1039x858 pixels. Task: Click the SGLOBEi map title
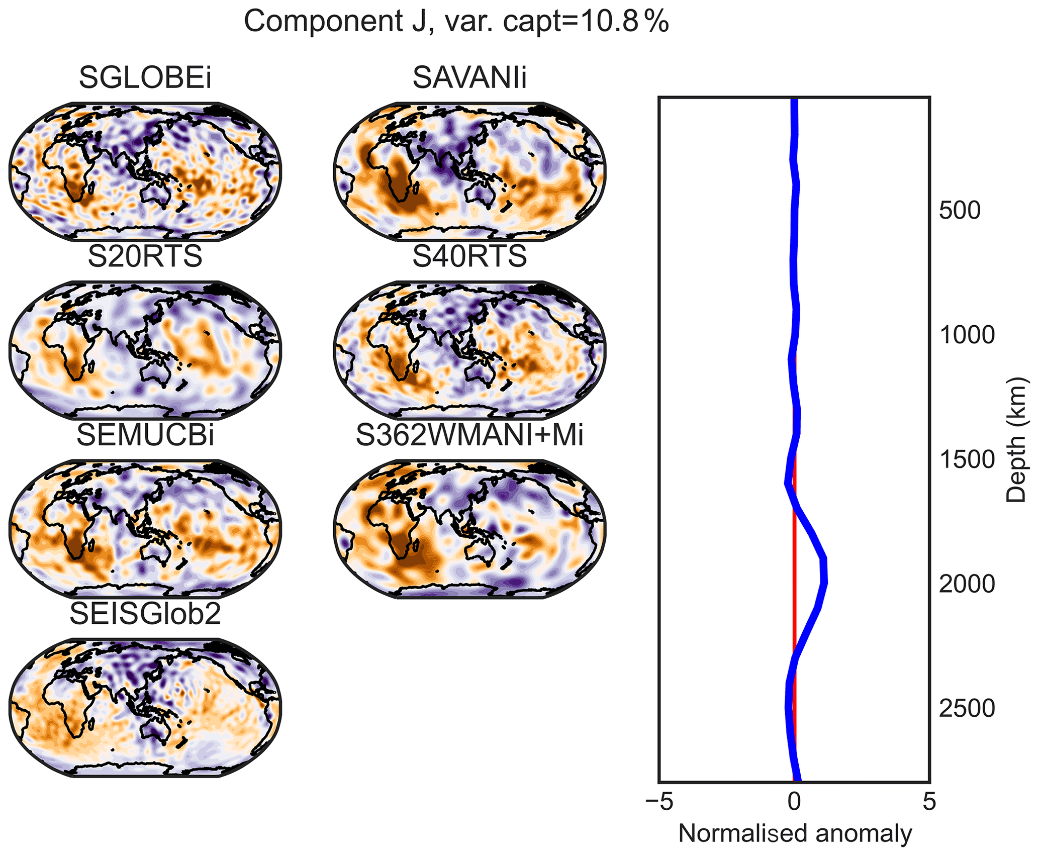click(145, 78)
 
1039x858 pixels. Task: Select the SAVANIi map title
click(469, 78)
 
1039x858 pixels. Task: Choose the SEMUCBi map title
click(145, 435)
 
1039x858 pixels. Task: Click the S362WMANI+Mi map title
click(469, 435)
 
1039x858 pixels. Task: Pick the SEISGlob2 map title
click(145, 614)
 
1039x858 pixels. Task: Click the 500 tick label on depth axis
click(960, 211)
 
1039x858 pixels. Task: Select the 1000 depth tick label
click(967, 335)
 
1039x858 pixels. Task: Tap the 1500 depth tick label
click(967, 460)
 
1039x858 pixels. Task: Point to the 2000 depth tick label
click(967, 585)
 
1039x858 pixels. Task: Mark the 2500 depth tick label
click(967, 709)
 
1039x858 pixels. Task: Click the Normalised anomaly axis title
click(795, 834)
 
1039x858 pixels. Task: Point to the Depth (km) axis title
click(1015, 439)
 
